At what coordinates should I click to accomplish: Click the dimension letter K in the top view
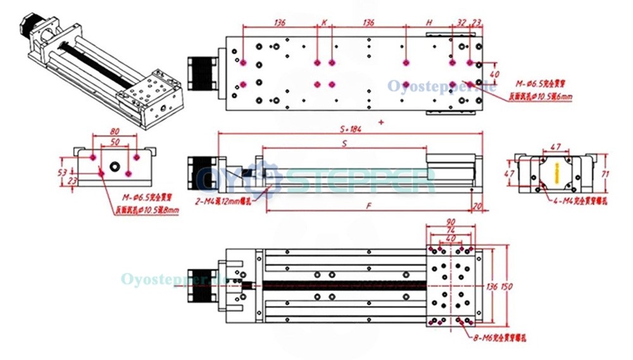(x=324, y=22)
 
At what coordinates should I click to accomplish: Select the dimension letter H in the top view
(x=429, y=22)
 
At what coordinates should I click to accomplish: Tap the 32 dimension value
(x=461, y=22)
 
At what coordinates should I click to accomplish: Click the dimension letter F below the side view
(x=368, y=206)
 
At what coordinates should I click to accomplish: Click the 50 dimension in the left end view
(x=115, y=142)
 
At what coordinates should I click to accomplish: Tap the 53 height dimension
(x=61, y=171)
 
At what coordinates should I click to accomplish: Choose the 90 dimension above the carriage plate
(x=451, y=222)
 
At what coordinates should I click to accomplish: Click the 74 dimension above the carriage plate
(x=451, y=230)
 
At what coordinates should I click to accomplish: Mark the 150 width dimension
(x=506, y=287)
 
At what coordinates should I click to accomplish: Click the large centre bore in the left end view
(x=115, y=167)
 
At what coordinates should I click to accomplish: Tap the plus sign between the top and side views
(x=380, y=120)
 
